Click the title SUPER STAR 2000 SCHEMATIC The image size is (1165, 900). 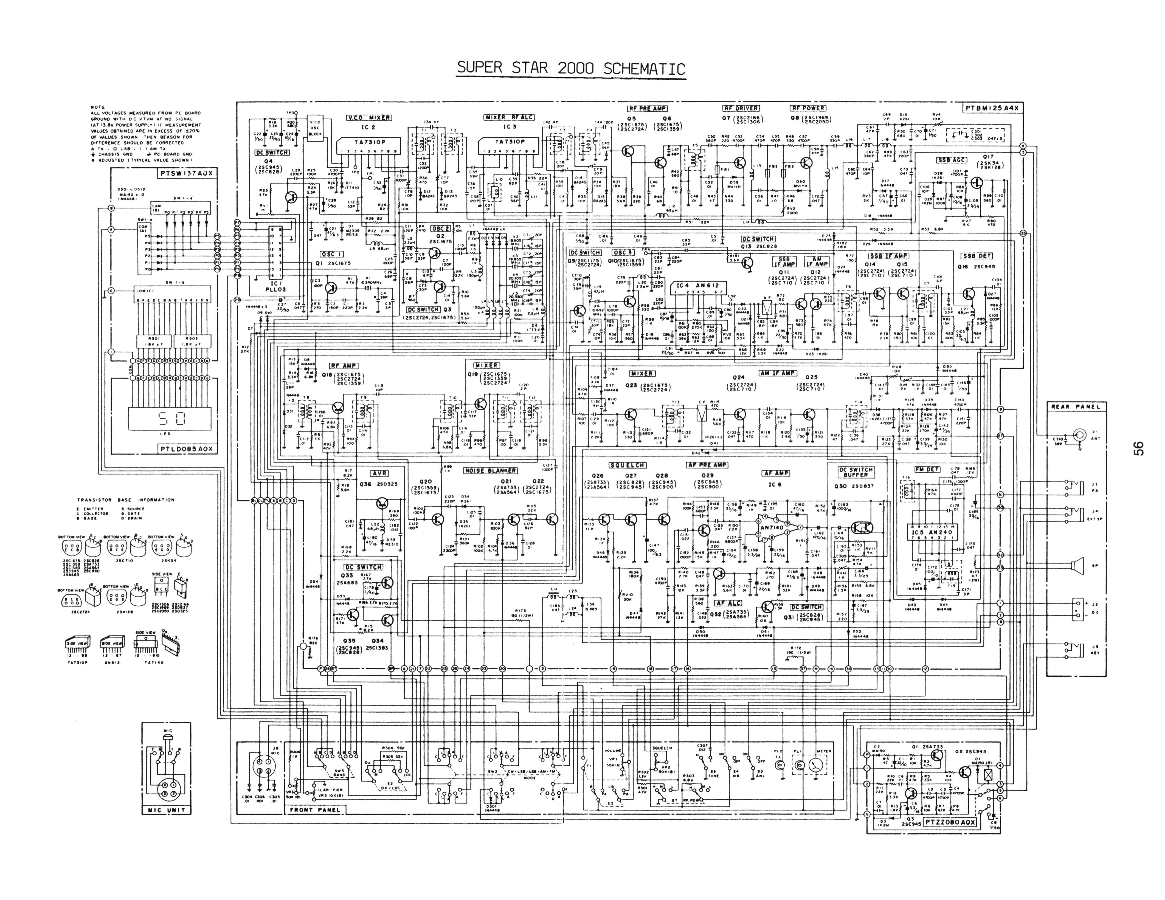(x=571, y=68)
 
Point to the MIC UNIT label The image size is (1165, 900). (x=167, y=810)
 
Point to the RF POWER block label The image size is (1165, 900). (x=807, y=108)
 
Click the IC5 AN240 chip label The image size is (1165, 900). (x=931, y=532)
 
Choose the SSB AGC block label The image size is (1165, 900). (x=951, y=160)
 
